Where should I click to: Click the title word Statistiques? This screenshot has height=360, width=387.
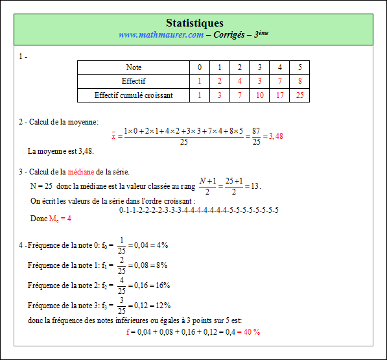point(194,23)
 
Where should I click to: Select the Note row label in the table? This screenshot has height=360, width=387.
point(134,67)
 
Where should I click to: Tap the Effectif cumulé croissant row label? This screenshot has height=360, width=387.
point(134,95)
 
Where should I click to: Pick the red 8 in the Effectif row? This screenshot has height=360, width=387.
point(299,82)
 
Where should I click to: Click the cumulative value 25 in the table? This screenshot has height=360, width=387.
point(299,95)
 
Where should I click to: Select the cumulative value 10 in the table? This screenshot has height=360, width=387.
point(259,95)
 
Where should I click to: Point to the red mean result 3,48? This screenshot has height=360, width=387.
point(275,136)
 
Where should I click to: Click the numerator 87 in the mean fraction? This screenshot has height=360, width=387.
point(257,131)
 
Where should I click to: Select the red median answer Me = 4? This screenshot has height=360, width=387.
point(60,219)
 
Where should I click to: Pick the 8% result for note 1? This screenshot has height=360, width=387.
point(161,265)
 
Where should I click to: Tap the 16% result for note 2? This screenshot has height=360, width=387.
point(163,285)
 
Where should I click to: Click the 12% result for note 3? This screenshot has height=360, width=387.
point(163,306)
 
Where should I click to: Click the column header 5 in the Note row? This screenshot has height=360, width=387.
point(299,67)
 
